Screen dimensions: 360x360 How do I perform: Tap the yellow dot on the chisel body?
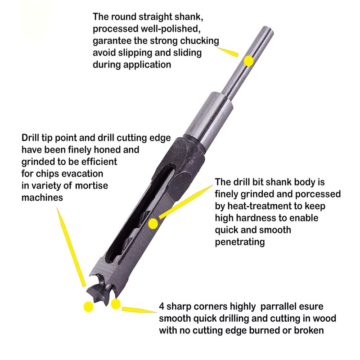click(x=154, y=223)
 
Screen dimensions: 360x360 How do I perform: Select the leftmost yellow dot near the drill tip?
click(x=89, y=306)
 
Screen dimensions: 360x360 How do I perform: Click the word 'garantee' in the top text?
click(x=113, y=41)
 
